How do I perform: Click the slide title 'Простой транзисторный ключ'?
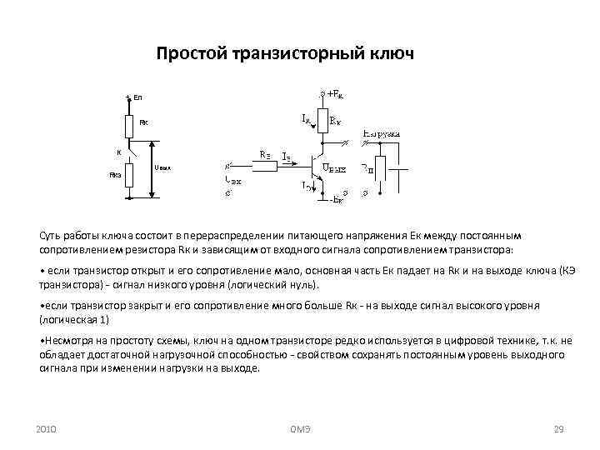pos(284,54)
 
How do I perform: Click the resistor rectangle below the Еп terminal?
pos(128,125)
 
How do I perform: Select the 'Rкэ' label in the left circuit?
pos(116,175)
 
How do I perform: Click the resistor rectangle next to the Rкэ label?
pos(128,176)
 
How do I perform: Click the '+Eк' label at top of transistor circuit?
pos(336,92)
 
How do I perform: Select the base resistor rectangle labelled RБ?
pos(264,166)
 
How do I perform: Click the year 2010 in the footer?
pos(46,429)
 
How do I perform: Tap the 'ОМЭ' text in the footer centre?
pos(300,429)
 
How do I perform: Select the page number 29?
pos(559,429)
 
